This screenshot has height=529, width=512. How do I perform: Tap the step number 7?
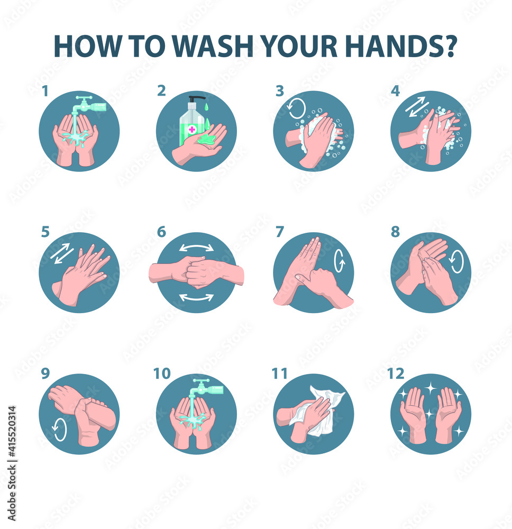(x=280, y=232)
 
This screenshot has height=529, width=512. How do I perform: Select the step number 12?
(x=396, y=373)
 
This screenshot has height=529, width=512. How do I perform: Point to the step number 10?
(x=162, y=373)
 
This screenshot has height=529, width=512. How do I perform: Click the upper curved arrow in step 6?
(x=196, y=248)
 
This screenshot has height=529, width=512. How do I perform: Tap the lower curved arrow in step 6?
(x=196, y=297)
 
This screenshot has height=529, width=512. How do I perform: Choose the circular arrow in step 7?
(x=339, y=262)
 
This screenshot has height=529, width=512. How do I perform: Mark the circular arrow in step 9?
(x=60, y=429)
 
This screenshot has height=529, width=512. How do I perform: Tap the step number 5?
(x=45, y=232)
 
